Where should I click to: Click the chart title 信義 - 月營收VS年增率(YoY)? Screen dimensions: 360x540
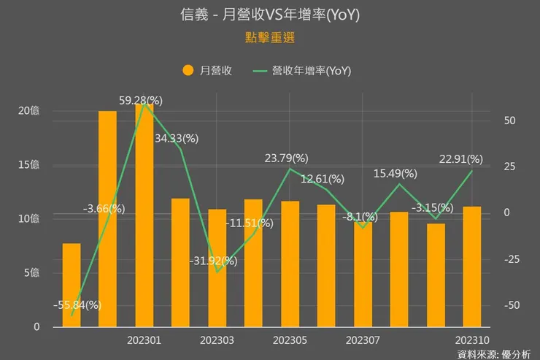click(x=269, y=15)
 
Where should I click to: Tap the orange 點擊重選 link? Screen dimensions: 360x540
click(x=269, y=37)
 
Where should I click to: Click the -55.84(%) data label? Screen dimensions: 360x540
click(x=77, y=305)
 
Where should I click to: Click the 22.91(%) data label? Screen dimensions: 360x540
click(x=460, y=158)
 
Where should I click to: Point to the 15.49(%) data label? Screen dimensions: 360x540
click(x=395, y=173)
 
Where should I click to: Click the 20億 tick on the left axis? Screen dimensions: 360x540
click(x=29, y=111)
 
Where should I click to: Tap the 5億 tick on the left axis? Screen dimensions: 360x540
click(x=32, y=273)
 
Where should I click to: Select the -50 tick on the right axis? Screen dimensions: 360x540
click(x=511, y=305)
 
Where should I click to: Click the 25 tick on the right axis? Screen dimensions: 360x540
click(x=508, y=166)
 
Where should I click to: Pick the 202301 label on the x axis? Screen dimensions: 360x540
click(x=144, y=341)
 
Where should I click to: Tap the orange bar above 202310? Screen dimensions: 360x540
click(x=471, y=267)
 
